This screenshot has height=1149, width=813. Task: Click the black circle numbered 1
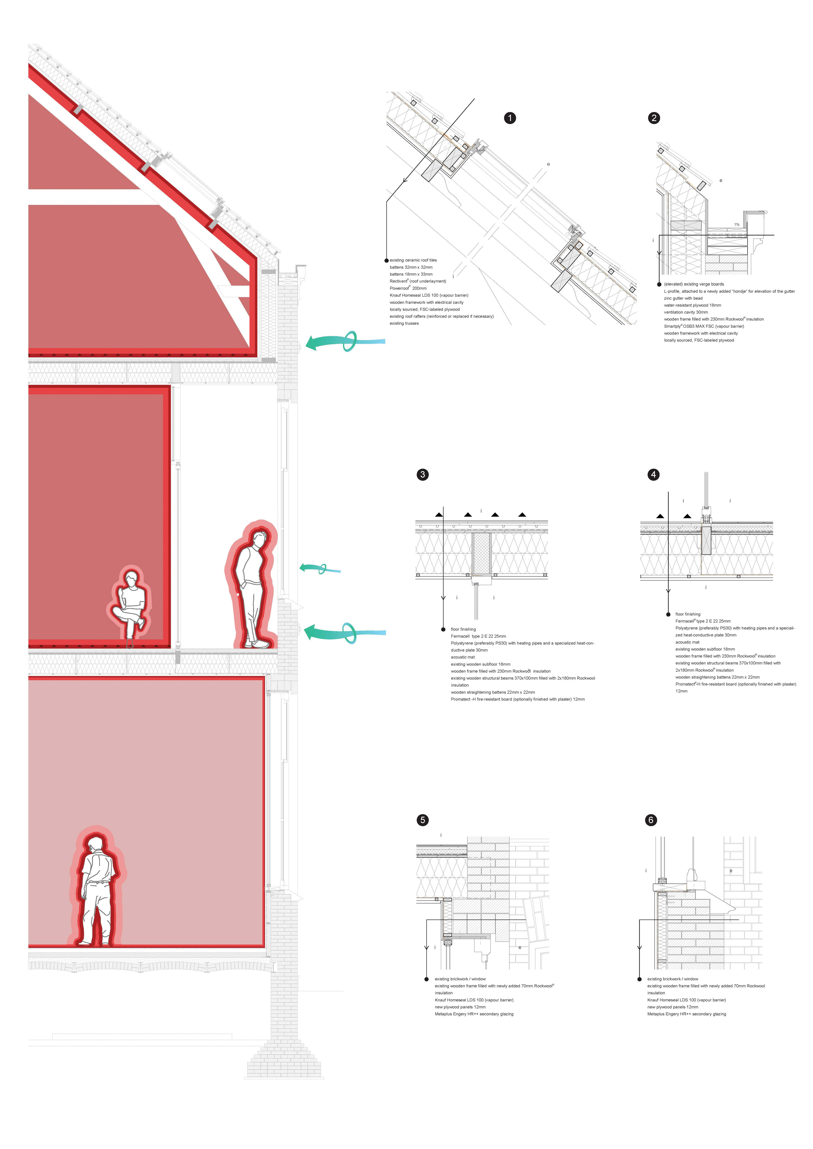click(510, 118)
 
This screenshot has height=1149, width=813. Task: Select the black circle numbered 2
click(654, 118)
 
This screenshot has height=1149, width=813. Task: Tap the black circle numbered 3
click(422, 474)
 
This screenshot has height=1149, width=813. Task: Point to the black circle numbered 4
click(653, 474)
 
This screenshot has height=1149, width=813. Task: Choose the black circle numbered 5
click(422, 820)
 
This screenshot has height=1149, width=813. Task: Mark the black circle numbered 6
click(651, 820)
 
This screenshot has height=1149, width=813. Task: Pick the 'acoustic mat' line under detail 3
click(463, 657)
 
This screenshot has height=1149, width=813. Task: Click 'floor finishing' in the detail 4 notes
click(688, 614)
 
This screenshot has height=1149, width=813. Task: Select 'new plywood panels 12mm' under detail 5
click(460, 1007)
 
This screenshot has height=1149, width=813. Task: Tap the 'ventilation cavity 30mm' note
click(686, 312)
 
